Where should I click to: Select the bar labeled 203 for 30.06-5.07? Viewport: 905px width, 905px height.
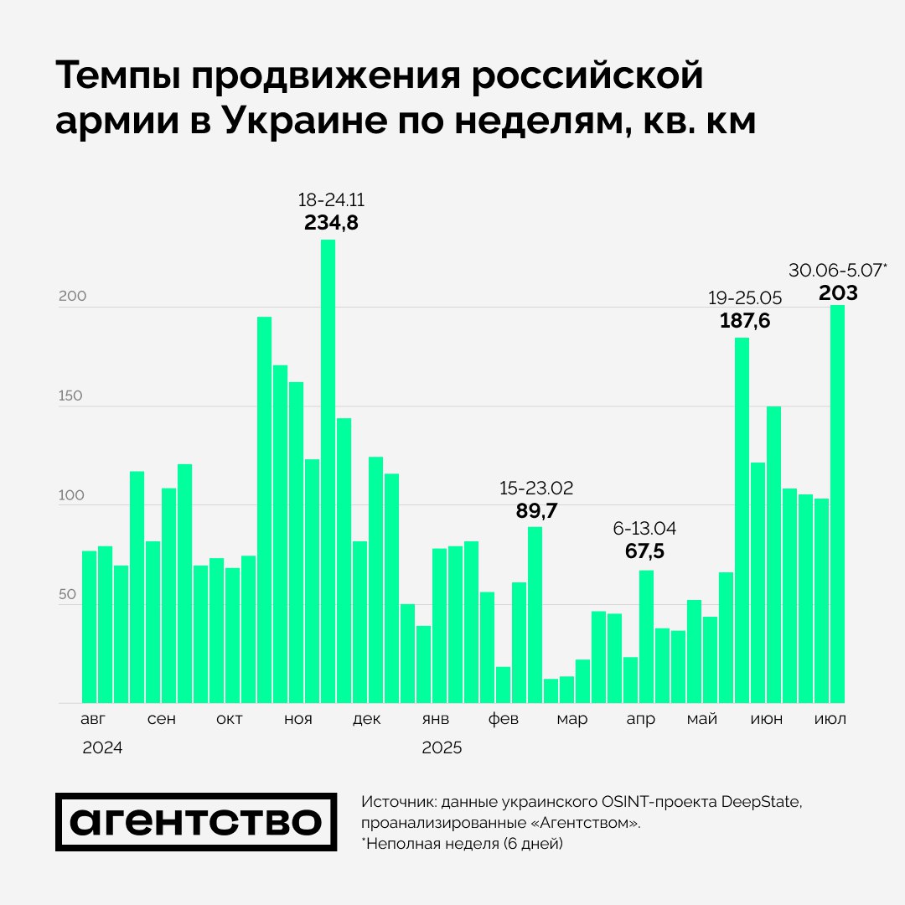837,504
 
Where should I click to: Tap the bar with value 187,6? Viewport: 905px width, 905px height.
742,520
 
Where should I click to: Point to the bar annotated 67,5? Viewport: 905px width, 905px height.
646,636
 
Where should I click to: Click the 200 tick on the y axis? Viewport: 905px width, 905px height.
70,297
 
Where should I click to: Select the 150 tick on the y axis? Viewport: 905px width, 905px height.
70,396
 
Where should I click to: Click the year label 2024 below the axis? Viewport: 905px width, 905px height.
102,748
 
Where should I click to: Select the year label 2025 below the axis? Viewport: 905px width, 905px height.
442,748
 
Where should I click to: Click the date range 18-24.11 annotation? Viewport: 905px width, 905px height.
331,201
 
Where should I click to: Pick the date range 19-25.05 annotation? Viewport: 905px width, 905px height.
745,298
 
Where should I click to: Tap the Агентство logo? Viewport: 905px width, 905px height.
196,822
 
